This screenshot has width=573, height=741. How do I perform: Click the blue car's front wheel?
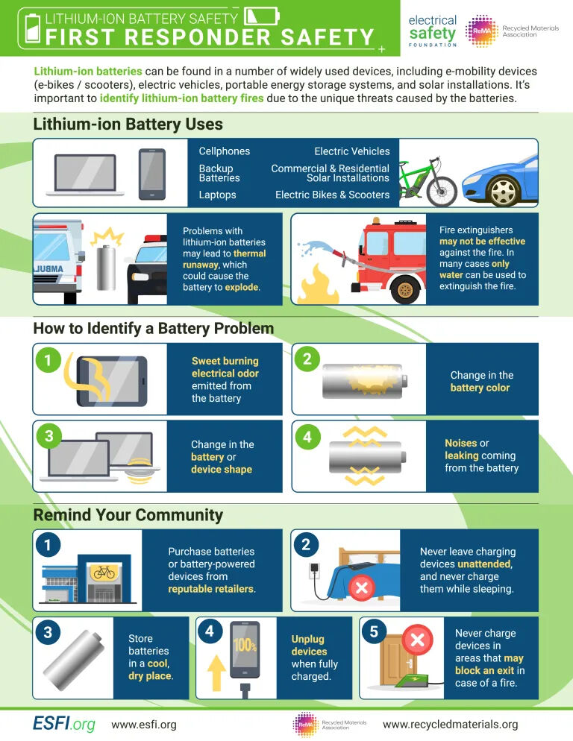pyautogui.click(x=504, y=191)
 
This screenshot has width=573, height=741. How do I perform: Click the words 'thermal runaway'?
pyautogui.click(x=225, y=259)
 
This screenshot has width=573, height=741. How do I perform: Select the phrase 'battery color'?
pyautogui.click(x=480, y=388)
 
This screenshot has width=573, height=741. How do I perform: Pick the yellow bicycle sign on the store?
pyautogui.click(x=103, y=572)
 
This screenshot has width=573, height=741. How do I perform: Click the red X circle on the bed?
pyautogui.click(x=361, y=588)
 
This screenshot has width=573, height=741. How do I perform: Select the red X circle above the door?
pyautogui.click(x=418, y=640)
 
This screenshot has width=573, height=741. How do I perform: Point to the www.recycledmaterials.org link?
pyautogui.click(x=450, y=724)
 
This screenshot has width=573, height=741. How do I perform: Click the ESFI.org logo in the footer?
pyautogui.click(x=63, y=724)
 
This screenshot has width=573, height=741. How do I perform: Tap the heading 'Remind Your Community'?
pyautogui.click(x=128, y=514)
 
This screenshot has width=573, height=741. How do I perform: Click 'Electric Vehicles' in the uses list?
pyautogui.click(x=351, y=151)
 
